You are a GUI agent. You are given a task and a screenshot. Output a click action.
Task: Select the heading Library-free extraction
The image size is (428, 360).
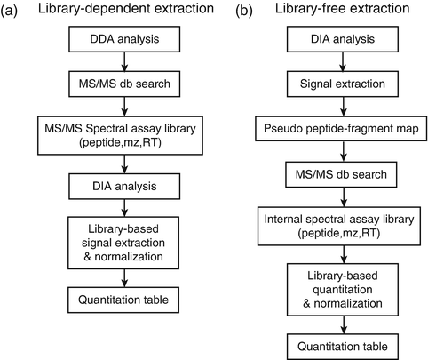coord(324,13)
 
